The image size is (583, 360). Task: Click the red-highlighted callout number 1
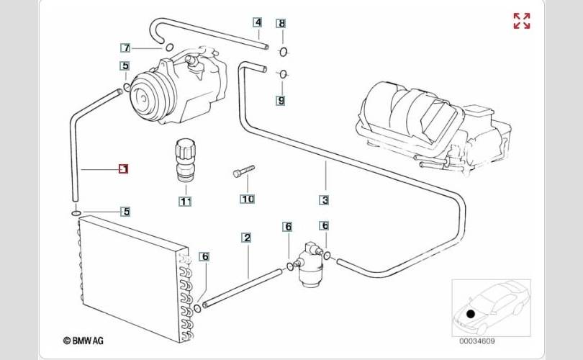[x=124, y=169]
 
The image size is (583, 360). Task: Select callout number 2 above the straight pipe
[x=246, y=238]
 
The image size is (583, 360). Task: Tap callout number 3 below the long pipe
[x=325, y=200]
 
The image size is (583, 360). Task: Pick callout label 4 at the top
[x=258, y=22]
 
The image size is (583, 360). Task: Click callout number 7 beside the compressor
[x=126, y=48]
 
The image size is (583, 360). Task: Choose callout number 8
[x=282, y=24]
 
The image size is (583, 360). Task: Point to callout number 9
[x=281, y=100]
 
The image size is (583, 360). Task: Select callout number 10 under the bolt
[x=248, y=199]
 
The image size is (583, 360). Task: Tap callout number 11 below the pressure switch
[x=185, y=202]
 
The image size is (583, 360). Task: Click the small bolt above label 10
[x=243, y=171]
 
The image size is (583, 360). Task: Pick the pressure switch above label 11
[x=185, y=160]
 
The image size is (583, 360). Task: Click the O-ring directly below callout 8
[x=284, y=52]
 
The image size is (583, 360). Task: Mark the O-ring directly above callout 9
[x=284, y=74]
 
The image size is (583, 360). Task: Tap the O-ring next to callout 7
[x=169, y=48]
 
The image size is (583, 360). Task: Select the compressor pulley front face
[x=143, y=97]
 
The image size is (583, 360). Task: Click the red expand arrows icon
[x=522, y=21]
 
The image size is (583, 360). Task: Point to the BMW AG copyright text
[x=83, y=341]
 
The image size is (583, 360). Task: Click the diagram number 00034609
[x=476, y=341]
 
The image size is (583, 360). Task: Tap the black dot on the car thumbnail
[x=471, y=314]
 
